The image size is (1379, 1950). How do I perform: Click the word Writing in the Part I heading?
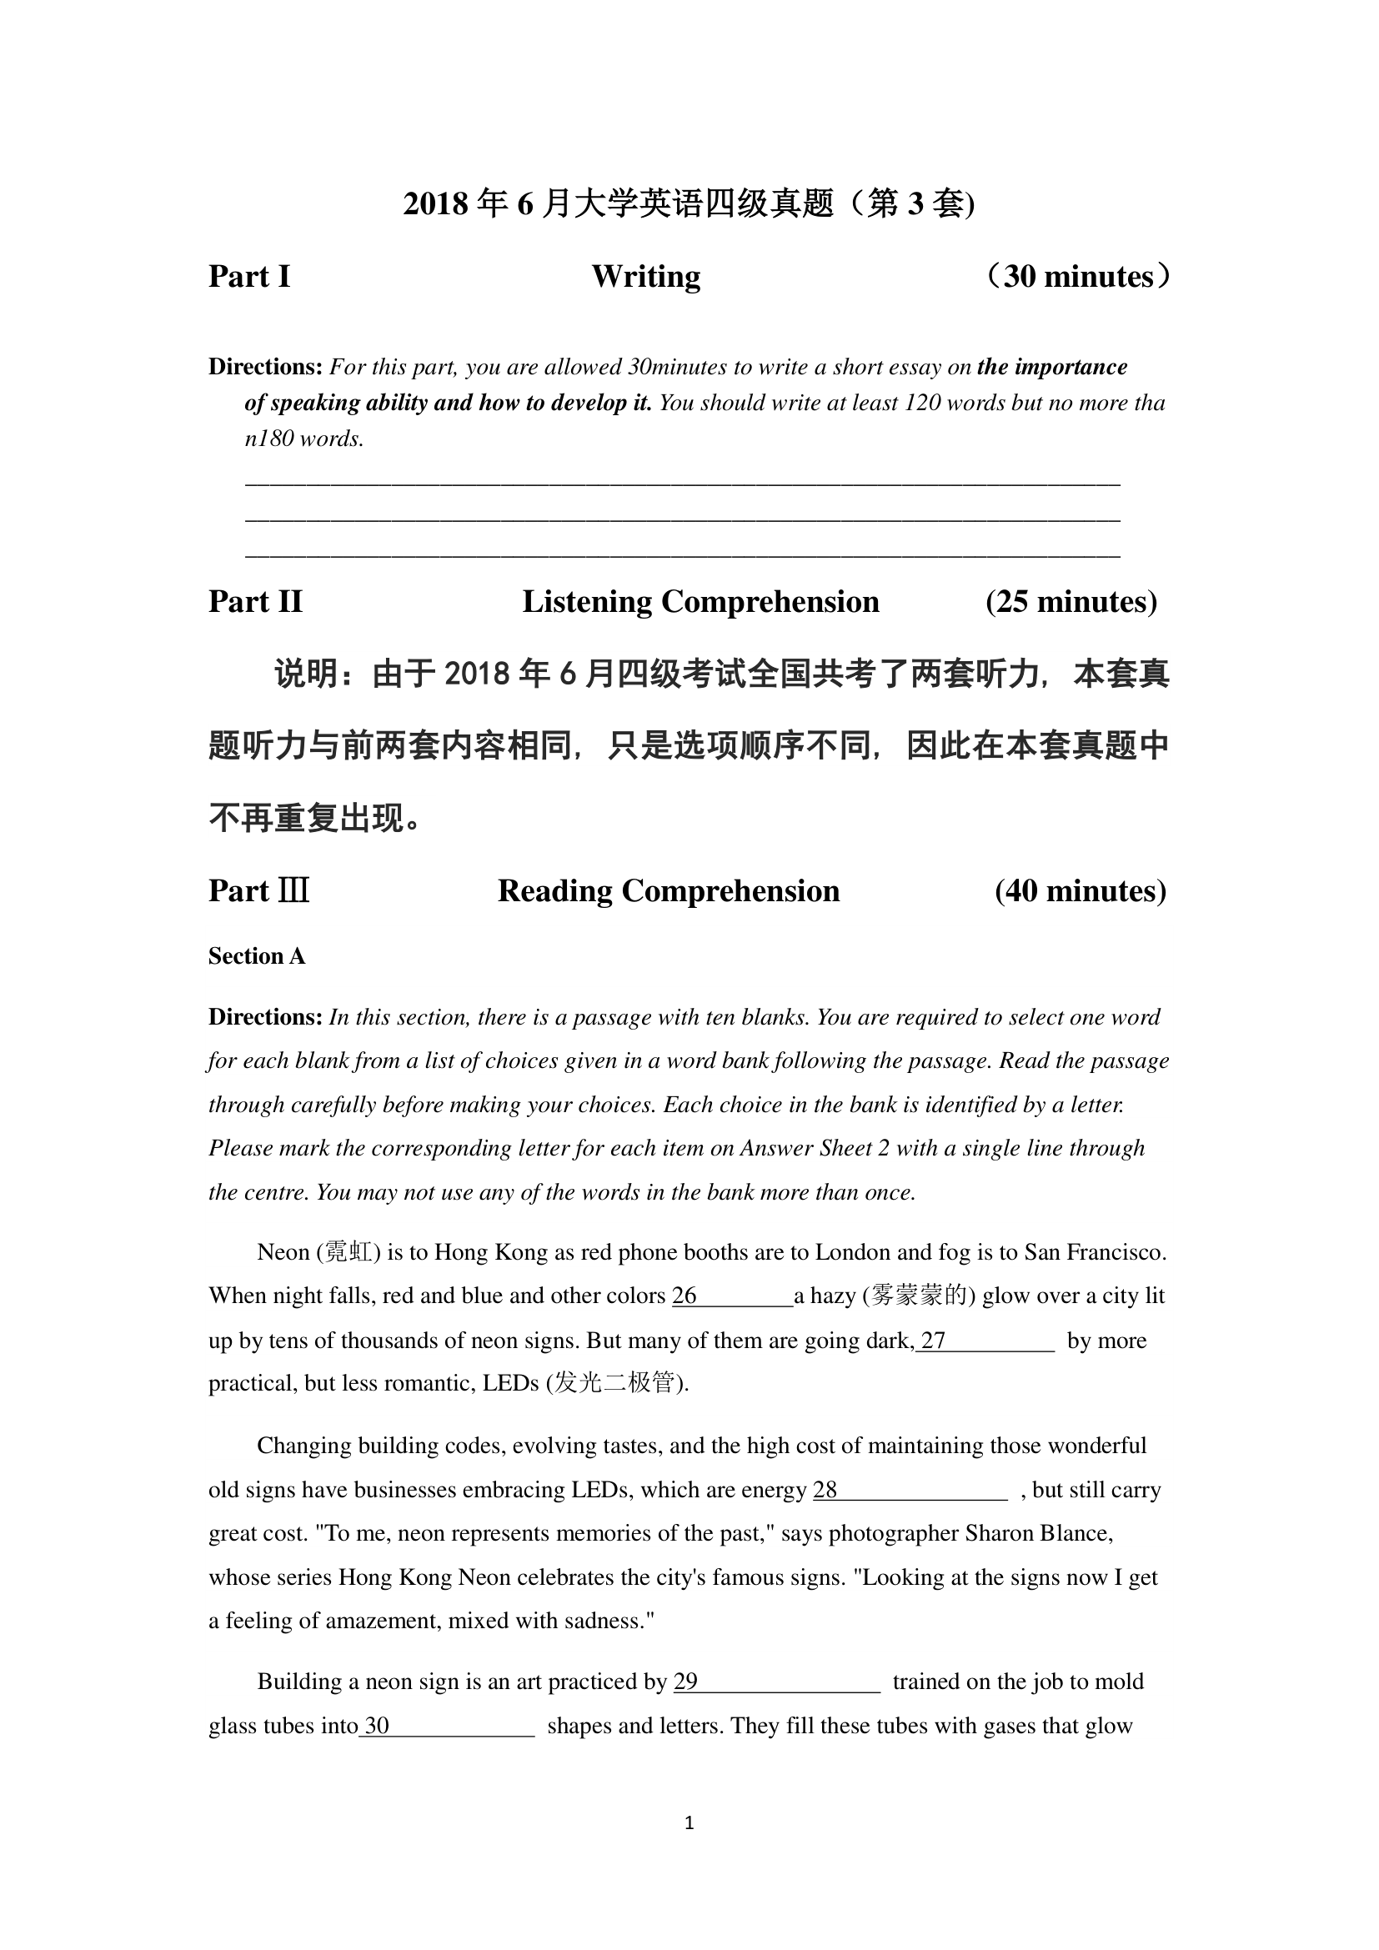click(645, 277)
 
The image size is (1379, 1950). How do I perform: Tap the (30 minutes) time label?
click(1077, 277)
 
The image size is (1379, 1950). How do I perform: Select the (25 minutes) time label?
click(1071, 601)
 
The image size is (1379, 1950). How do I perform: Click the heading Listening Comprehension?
click(700, 601)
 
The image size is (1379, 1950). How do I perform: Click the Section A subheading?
click(257, 956)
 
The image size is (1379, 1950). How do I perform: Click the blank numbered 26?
click(732, 1297)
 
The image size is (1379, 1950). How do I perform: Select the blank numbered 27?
click(985, 1341)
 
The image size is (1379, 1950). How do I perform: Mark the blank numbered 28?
click(910, 1490)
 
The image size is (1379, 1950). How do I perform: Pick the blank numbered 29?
click(777, 1682)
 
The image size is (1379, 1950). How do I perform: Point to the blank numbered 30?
click(447, 1726)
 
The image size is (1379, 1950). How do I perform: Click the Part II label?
click(255, 601)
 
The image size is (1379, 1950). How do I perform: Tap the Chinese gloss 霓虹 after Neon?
click(349, 1253)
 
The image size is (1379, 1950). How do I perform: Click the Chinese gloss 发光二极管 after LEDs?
click(615, 1384)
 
